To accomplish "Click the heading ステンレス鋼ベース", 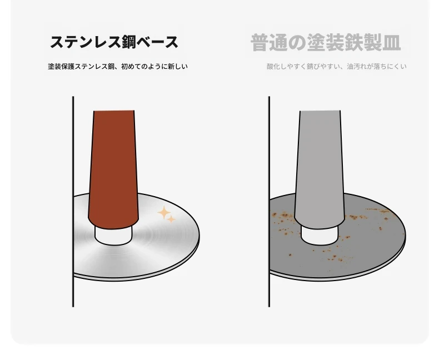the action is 114,42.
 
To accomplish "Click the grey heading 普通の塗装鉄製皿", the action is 326,43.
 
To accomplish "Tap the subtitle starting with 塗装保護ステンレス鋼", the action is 118,67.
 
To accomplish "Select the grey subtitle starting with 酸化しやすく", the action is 337,67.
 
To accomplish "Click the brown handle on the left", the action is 113,168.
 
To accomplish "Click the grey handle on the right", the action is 320,168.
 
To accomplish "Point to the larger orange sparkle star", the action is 164,212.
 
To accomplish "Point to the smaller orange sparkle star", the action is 171,219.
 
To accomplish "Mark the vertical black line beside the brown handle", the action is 73,202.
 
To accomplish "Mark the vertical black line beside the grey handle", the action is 269,202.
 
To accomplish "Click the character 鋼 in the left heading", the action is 128,42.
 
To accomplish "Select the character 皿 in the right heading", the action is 391,43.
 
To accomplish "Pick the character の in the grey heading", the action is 297,43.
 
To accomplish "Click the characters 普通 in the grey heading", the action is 269,43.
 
